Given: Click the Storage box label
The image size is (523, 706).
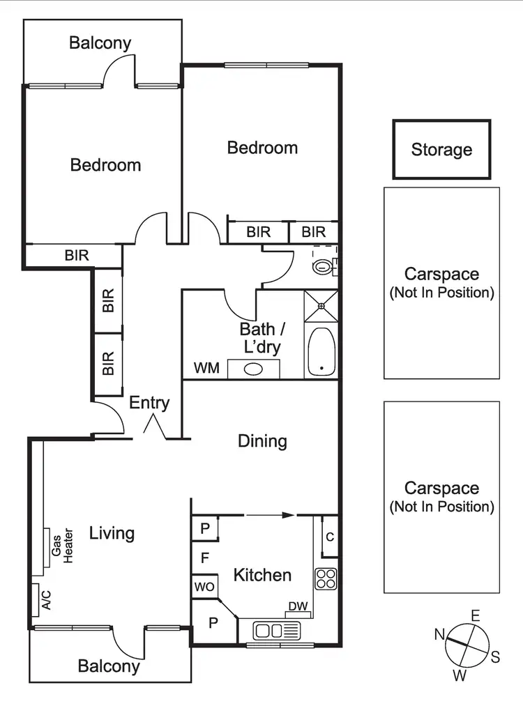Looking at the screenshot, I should [441, 149].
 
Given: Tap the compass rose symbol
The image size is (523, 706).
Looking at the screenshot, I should [467, 645].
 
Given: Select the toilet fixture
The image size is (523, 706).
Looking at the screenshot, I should [324, 266].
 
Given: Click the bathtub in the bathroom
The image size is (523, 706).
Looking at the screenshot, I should [321, 352].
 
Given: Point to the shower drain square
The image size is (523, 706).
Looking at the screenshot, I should [321, 305].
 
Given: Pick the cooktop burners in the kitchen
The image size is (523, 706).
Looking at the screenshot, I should [326, 578].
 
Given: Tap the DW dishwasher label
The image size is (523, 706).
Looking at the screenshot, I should [298, 607].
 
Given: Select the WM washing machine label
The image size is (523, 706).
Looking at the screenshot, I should [206, 367].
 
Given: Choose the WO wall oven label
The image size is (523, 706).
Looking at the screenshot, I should [204, 586].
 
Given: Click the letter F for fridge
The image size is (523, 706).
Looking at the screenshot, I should [205, 558].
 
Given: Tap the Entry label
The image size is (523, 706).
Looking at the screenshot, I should [149, 403].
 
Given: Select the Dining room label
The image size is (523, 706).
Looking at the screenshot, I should [262, 440].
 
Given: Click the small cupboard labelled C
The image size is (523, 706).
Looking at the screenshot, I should [329, 537].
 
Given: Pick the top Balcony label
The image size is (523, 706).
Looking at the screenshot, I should [100, 43].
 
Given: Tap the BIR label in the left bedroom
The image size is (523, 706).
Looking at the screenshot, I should [77, 255].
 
